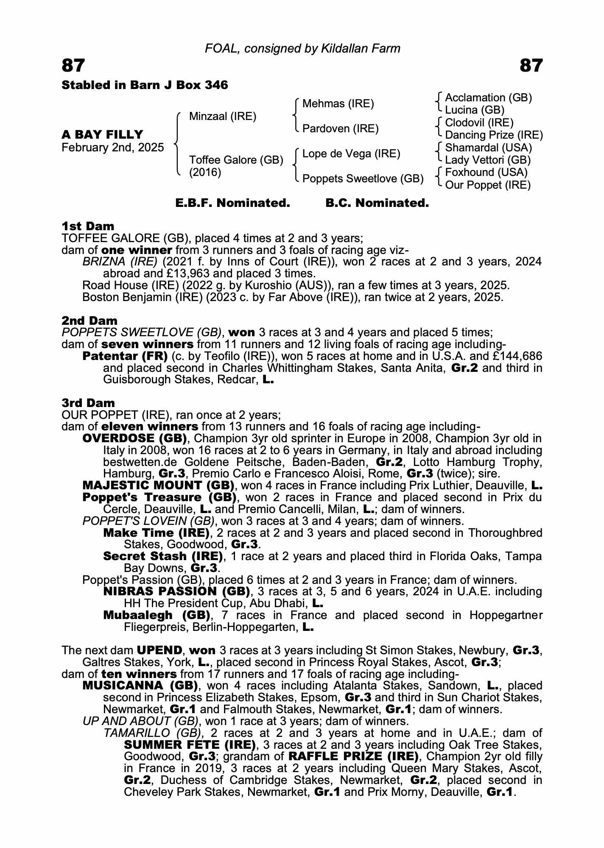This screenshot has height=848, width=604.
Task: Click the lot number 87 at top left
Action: pyautogui.click(x=73, y=66)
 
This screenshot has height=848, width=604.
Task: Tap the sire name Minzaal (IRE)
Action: pyautogui.click(x=223, y=116)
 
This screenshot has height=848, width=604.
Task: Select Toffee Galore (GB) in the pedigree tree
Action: pyautogui.click(x=236, y=160)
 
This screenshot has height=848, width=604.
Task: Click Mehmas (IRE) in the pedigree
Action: pyautogui.click(x=338, y=104)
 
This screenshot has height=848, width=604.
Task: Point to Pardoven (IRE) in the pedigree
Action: pyautogui.click(x=340, y=128)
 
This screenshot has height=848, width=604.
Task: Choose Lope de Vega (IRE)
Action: pyautogui.click(x=351, y=153)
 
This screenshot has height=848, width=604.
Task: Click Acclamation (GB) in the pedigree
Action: pyautogui.click(x=488, y=98)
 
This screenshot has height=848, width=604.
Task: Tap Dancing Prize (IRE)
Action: pyautogui.click(x=494, y=135)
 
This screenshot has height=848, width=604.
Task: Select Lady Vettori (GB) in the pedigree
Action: pyautogui.click(x=488, y=160)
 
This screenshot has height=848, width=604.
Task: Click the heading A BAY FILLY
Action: pyautogui.click(x=103, y=134)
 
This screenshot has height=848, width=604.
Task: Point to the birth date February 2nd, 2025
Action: pyautogui.click(x=113, y=148)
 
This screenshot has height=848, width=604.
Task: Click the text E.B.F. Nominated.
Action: pyautogui.click(x=232, y=203)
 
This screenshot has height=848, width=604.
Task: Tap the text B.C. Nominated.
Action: pyautogui.click(x=377, y=203)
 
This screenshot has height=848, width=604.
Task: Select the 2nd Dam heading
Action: pyautogui.click(x=89, y=321)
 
